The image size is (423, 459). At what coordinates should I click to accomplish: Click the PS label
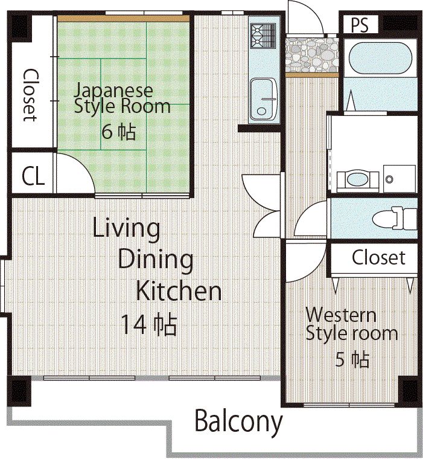coord(360,25)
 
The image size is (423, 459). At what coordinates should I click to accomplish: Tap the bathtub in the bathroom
coord(381,58)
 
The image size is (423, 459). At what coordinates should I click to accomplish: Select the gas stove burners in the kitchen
coord(263,36)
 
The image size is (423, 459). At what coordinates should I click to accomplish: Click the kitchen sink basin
coord(263,99)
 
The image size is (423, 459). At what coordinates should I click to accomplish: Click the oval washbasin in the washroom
coord(357,179)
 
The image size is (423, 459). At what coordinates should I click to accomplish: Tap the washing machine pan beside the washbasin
coord(399,179)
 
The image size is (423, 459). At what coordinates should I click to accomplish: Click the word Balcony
coord(238,422)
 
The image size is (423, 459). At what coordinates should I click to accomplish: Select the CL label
coord(33,176)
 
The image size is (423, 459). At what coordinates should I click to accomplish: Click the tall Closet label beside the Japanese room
coord(30,95)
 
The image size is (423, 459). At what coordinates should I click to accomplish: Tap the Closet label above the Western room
coord(378,258)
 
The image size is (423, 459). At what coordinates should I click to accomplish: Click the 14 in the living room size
coord(133,324)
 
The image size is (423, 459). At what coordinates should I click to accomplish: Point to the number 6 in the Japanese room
coord(107,132)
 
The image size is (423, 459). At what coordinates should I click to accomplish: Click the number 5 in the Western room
coord(340,359)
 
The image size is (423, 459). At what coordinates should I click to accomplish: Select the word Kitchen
coord(179,291)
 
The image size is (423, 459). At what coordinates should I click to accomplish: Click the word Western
coord(341,315)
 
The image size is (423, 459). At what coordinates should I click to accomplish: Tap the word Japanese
coord(113,91)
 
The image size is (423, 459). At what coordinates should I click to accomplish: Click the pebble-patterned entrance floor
coord(312,55)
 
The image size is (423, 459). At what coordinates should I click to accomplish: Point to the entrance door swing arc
coord(311,11)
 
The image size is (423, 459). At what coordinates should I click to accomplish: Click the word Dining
coord(156,260)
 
